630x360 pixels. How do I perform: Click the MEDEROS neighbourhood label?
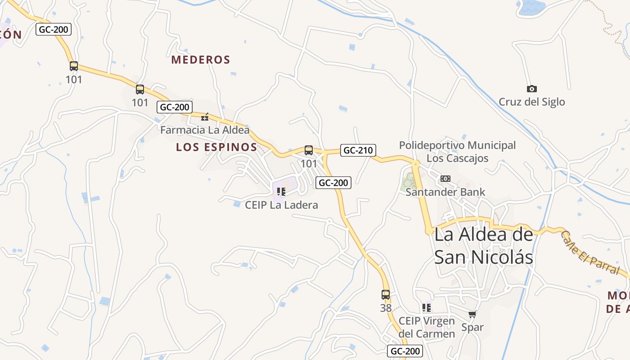click(x=201, y=59)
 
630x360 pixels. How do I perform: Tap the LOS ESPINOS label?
click(x=216, y=147)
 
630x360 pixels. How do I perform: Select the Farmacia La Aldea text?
click(x=205, y=130)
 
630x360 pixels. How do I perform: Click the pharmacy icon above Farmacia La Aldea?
click(x=205, y=117)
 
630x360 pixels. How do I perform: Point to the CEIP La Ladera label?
click(x=281, y=205)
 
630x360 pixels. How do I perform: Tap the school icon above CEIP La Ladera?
click(x=281, y=192)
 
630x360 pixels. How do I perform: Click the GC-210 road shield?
click(x=358, y=150)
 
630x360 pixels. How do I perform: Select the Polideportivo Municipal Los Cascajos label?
click(x=457, y=152)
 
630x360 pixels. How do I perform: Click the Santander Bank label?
click(x=445, y=192)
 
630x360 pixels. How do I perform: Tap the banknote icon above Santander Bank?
click(x=445, y=179)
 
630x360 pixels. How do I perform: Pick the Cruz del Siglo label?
click(x=531, y=102)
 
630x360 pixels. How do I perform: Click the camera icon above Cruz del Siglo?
click(x=531, y=89)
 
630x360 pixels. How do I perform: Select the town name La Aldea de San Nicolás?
click(x=483, y=246)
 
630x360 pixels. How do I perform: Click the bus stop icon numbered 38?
click(x=386, y=295)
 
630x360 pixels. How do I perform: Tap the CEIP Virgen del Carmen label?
click(x=427, y=327)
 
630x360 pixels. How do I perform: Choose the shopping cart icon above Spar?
click(x=472, y=314)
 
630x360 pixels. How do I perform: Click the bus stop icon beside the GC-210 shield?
click(x=309, y=150)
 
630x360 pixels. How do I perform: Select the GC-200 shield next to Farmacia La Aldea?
click(x=175, y=107)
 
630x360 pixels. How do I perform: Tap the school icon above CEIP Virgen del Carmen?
click(x=427, y=308)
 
